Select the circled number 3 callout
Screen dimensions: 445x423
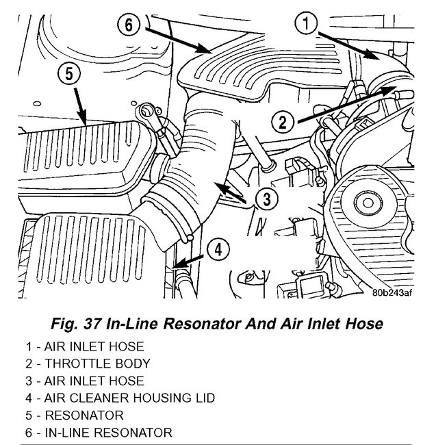[267, 199]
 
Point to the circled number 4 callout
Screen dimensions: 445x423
[217, 249]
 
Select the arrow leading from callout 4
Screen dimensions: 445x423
[189, 259]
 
